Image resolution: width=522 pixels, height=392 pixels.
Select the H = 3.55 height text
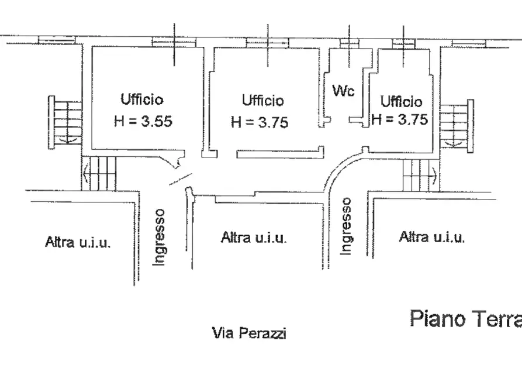[x=143, y=122]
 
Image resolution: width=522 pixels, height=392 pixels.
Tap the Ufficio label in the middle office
[x=262, y=101]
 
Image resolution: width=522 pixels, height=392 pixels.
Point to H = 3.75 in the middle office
[x=260, y=122]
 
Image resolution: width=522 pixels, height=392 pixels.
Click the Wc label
[x=343, y=91]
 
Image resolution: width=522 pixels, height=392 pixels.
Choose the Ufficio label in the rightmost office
[x=401, y=102]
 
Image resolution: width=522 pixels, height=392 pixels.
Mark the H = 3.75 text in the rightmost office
[x=400, y=119]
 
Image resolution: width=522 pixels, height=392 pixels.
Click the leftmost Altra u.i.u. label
[x=77, y=242]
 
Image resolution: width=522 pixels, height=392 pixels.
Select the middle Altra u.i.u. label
[x=254, y=238]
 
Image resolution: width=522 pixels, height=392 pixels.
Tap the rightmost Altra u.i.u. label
[x=432, y=237]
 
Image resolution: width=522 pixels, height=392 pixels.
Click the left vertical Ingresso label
[x=159, y=237]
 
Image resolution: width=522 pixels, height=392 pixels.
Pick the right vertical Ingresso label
[x=347, y=226]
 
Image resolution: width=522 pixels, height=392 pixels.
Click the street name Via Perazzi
[x=249, y=333]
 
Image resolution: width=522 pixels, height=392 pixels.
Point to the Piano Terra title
[x=465, y=319]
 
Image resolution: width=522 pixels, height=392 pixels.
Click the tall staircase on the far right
[x=457, y=126]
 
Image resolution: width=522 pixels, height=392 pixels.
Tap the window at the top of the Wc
[x=349, y=43]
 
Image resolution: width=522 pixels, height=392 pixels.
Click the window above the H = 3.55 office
[x=174, y=42]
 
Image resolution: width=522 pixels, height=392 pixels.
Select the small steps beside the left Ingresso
[x=99, y=173]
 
